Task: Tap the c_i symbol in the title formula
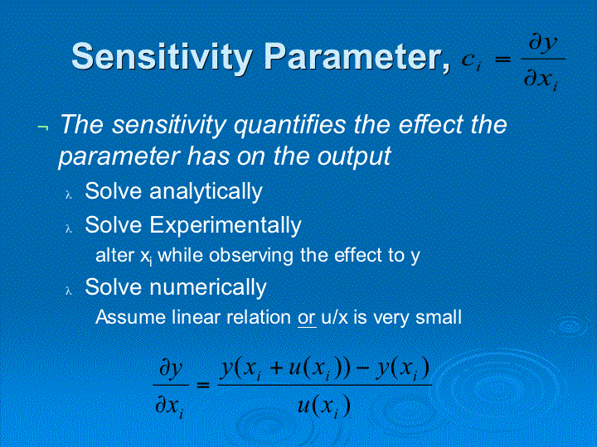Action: [471, 61]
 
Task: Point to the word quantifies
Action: [289, 125]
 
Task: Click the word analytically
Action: [206, 191]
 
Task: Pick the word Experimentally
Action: [225, 225]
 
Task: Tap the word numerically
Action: [208, 287]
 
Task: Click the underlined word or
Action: [306, 318]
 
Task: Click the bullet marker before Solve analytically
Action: [69, 195]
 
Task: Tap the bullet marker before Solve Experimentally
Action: [69, 228]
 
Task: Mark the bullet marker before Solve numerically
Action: [69, 291]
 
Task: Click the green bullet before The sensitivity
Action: [43, 127]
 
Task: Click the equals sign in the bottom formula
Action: [203, 386]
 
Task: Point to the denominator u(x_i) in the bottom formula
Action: [323, 406]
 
